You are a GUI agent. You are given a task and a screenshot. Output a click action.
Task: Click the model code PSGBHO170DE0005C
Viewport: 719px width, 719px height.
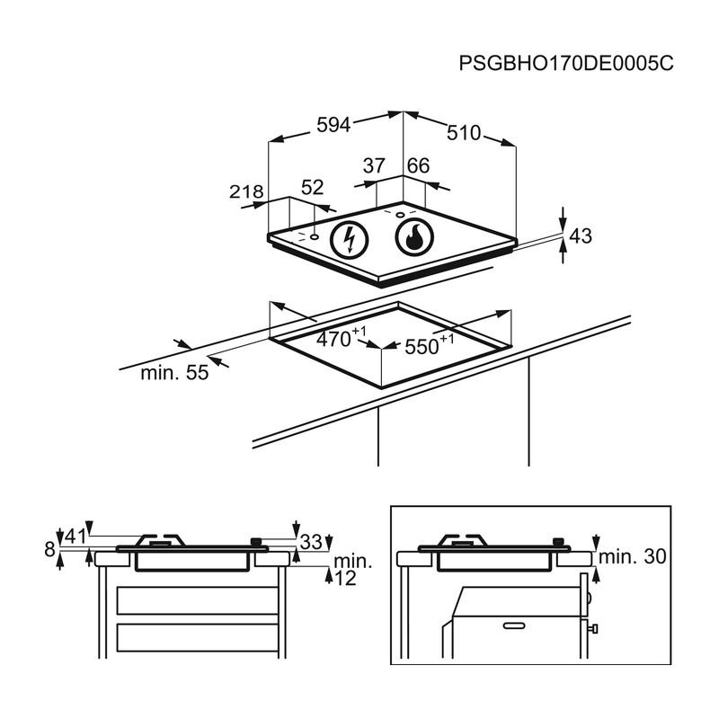click(565, 64)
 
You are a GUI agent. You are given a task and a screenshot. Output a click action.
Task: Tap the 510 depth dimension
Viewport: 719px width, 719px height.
click(464, 133)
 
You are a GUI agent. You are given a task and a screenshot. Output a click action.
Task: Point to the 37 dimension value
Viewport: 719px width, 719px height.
click(374, 166)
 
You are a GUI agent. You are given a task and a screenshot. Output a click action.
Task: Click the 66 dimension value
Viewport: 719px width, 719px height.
click(419, 166)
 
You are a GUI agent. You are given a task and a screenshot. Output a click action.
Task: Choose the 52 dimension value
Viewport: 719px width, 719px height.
click(312, 188)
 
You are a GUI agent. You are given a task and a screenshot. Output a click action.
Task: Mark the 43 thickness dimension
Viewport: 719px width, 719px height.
click(581, 236)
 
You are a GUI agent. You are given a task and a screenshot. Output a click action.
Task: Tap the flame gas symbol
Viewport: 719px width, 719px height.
click(415, 238)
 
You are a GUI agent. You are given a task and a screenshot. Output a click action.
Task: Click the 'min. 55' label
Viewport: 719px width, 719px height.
click(174, 372)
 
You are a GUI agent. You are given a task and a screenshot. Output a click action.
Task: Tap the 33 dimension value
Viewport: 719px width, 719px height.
click(311, 542)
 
